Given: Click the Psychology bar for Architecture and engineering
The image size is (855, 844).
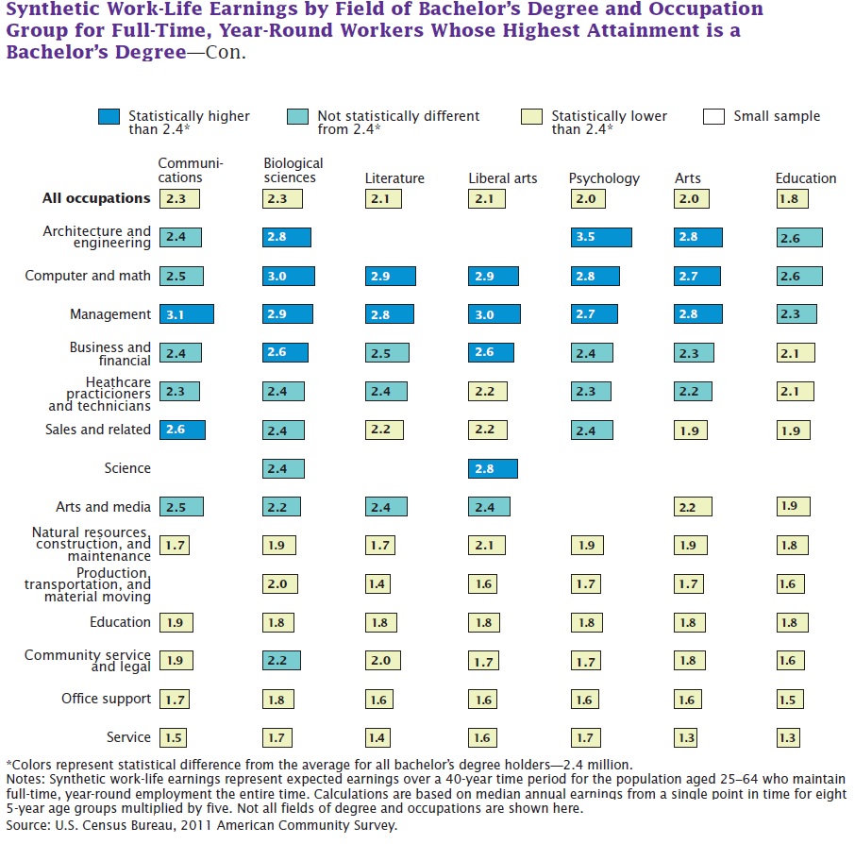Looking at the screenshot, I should coord(600,237).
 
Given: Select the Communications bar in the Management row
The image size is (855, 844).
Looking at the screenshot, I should coord(186,314).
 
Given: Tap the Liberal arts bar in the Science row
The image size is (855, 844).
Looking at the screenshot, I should coord(493,468).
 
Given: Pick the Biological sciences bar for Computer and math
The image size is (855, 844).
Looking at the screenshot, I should coord(288,276).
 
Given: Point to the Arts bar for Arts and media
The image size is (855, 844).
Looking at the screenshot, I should coord(687,507).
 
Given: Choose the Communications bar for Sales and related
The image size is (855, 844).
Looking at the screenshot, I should coord(182,430).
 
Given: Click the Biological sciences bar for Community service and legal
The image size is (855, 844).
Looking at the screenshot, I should coord(282,661).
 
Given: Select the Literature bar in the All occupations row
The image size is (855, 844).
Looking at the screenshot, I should coord(380,199).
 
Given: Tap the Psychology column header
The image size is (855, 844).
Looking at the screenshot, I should coord(604,178).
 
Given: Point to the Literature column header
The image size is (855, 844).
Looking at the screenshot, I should coord(394,178).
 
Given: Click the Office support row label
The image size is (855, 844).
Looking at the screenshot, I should coord(106,699).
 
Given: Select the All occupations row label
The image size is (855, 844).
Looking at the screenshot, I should coord(96,198).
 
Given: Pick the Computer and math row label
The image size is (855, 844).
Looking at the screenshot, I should coord(88,276).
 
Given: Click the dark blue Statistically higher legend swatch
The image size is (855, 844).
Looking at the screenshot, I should coord(109,117).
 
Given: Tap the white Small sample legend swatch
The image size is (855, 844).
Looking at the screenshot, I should coord(714,117).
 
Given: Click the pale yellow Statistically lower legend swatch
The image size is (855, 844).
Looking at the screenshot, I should coord(531,117).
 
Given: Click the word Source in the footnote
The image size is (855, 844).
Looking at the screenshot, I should coord(27,825).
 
